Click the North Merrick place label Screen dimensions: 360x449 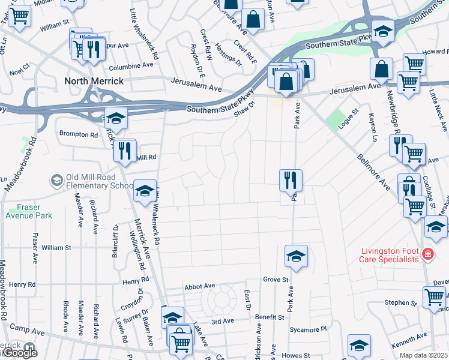tap(94, 81)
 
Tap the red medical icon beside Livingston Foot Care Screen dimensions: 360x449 tap(427, 255)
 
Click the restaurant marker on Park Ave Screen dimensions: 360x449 tap(291, 179)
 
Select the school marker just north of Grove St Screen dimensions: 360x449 tap(296, 256)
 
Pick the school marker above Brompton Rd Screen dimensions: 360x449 tap(116, 118)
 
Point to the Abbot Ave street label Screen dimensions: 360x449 tap(200, 287)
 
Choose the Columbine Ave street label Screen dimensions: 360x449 tap(131, 66)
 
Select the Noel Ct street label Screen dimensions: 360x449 tap(20, 71)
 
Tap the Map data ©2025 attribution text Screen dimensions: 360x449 tap(423, 355)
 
